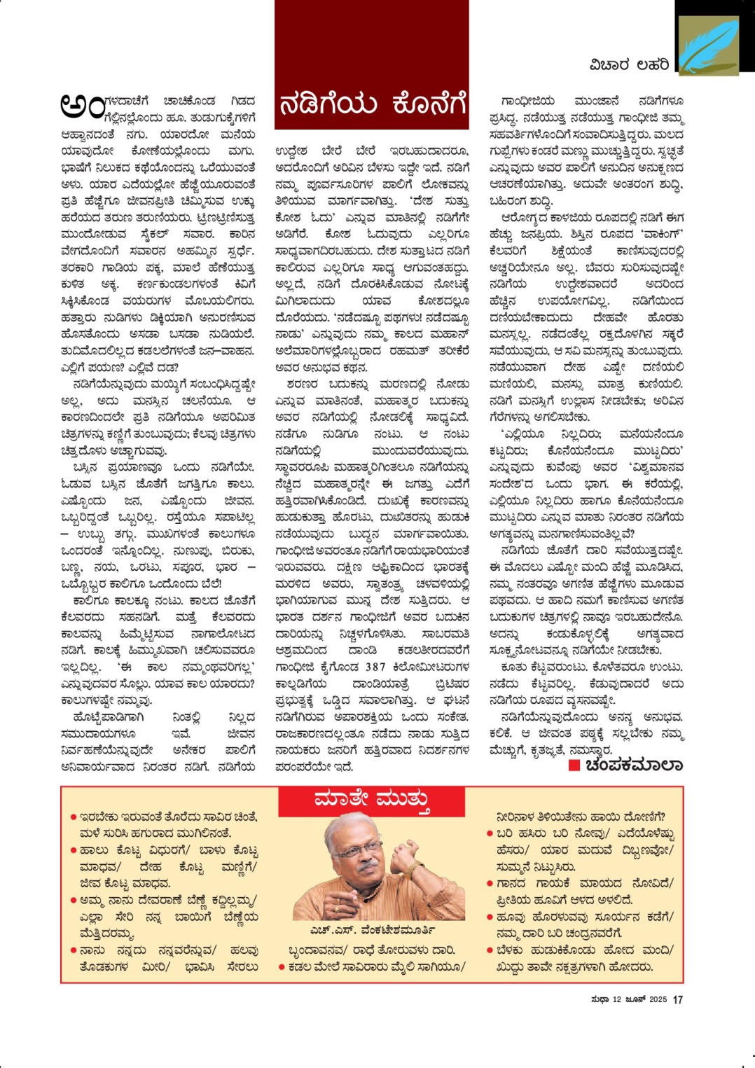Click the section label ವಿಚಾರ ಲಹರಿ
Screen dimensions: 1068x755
[x=629, y=65]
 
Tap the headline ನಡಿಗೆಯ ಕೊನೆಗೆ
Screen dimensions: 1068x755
[x=372, y=104]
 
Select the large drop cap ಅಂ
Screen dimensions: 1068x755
[x=82, y=105]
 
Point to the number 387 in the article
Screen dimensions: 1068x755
[x=375, y=667]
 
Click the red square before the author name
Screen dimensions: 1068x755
[x=574, y=765]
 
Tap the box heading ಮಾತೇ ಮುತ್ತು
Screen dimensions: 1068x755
[x=372, y=798]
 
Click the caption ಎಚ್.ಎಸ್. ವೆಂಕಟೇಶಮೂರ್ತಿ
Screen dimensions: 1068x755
[x=372, y=930]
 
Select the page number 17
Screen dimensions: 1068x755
[x=677, y=999]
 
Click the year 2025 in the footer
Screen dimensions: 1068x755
[x=657, y=999]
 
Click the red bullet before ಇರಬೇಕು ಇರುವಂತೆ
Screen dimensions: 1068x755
[x=73, y=817]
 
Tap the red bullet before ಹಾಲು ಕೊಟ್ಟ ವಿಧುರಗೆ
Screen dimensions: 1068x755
[x=73, y=850]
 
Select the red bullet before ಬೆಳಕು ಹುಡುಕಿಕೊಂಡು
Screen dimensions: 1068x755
[x=490, y=950]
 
